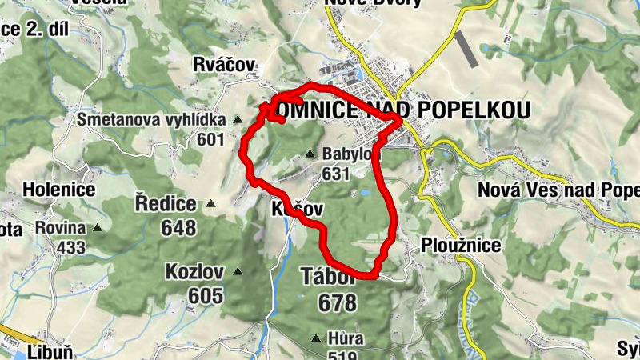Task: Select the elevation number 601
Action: pyautogui.click(x=210, y=140)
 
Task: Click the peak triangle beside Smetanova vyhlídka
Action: pyautogui.click(x=238, y=120)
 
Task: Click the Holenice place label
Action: pyautogui.click(x=59, y=190)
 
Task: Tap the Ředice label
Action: pyautogui.click(x=166, y=203)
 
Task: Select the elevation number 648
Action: pyautogui.click(x=178, y=228)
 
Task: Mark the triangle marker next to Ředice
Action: pyautogui.click(x=211, y=203)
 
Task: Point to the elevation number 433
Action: pyautogui.click(x=70, y=247)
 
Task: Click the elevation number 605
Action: pyautogui.click(x=206, y=296)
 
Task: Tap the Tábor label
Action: pyautogui.click(x=326, y=278)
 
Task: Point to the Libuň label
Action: pyautogui.click(x=50, y=351)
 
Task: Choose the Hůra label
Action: pyautogui.click(x=346, y=338)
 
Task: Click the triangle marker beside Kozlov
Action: pyautogui.click(x=238, y=272)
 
